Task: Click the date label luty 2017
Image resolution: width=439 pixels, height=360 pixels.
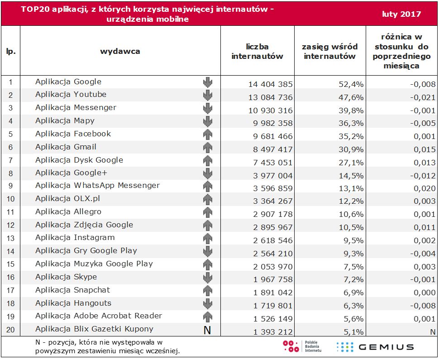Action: [401, 14]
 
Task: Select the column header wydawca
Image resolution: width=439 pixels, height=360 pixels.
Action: [120, 51]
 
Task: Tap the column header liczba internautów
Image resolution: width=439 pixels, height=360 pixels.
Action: [257, 51]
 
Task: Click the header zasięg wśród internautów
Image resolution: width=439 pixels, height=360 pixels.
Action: [330, 51]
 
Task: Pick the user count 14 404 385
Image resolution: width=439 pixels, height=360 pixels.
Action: [271, 84]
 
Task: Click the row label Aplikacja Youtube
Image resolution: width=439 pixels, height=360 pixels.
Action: [71, 95]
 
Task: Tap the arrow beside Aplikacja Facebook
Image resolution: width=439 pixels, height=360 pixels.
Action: [207, 134]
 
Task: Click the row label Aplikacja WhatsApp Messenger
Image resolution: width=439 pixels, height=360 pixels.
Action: [97, 186]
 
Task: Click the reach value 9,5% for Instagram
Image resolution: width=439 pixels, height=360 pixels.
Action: [354, 240]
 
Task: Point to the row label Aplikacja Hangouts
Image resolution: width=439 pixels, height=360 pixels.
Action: [73, 303]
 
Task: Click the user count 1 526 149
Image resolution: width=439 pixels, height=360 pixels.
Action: [271, 319]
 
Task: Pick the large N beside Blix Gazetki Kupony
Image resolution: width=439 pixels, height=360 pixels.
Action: [207, 330]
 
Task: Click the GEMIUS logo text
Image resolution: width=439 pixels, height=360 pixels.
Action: [386, 347]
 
